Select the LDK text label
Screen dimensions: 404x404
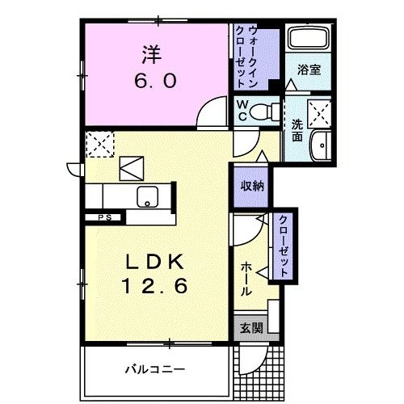156,263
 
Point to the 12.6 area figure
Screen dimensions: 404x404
157,286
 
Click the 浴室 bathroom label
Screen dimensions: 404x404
309,69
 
